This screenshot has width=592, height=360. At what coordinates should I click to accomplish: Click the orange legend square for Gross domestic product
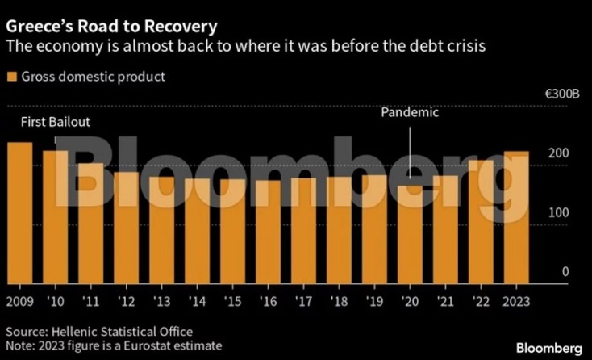11,77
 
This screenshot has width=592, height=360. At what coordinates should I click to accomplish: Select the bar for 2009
20,213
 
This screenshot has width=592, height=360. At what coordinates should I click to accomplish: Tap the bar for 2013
161,229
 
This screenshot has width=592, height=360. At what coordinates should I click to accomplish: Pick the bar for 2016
268,232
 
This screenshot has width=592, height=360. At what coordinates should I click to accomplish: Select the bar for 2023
517,217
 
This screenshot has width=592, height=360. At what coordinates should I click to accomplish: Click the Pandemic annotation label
410,113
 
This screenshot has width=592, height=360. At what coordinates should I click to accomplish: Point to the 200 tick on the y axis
559,153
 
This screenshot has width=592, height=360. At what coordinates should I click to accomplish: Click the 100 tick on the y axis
559,212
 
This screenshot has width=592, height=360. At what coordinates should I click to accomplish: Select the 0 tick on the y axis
565,272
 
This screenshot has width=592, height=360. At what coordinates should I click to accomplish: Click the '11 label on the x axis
90,302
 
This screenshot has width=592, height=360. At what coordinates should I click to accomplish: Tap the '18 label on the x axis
339,302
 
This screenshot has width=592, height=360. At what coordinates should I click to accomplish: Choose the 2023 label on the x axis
517,302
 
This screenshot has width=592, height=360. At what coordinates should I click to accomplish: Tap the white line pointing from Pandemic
411,149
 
